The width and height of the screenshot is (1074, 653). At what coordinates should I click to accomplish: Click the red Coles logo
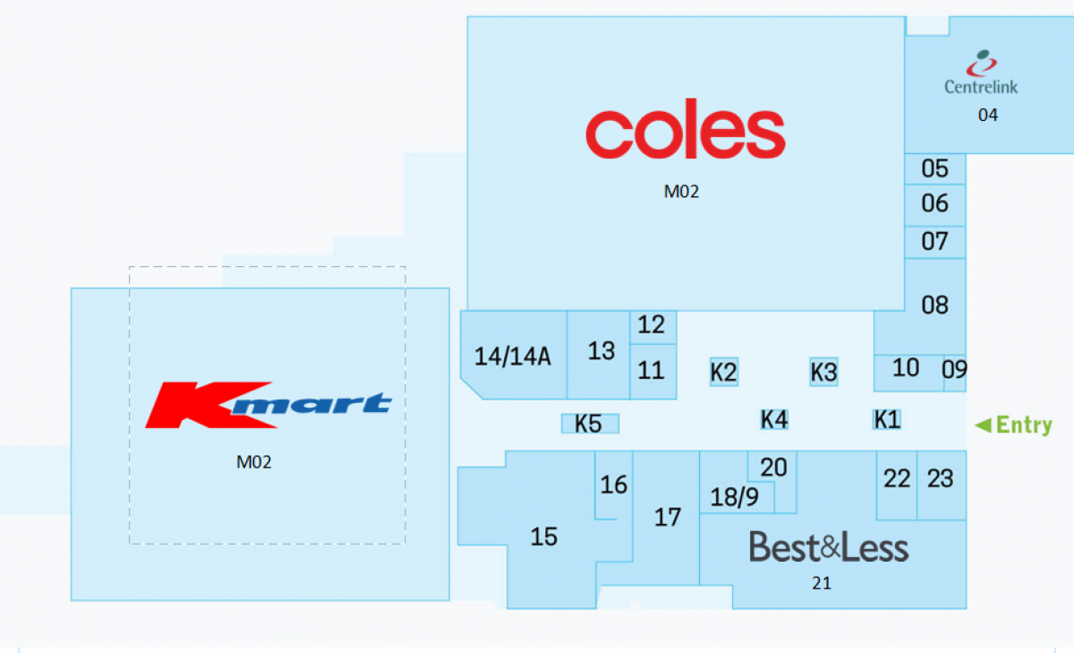coord(685,133)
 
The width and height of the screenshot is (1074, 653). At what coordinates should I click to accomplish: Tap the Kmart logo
coord(268,405)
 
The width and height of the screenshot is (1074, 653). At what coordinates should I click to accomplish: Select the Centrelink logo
coord(982,73)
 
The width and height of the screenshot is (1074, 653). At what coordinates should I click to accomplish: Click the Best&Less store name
coord(828,546)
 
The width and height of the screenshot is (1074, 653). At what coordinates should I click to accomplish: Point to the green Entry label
coord(1014,425)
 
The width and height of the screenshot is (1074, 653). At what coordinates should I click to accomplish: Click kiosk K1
coord(886,419)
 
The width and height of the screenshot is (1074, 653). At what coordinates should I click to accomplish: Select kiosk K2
coord(723,372)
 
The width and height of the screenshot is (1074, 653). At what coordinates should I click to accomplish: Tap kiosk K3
coord(823,372)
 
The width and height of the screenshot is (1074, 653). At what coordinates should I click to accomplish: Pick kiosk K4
coord(774,419)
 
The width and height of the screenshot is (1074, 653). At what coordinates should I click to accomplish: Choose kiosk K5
coord(589,424)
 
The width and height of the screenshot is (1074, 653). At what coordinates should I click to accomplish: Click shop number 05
coord(934,168)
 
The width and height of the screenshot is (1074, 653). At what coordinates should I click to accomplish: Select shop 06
coord(934,204)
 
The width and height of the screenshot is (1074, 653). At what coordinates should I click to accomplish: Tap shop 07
coord(934,241)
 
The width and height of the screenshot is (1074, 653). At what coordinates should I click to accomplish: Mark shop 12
coord(652,325)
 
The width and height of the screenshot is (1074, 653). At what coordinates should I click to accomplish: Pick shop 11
coord(652,369)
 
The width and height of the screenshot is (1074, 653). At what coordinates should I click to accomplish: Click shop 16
coord(614,485)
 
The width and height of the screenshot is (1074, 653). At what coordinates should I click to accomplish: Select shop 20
coord(773,467)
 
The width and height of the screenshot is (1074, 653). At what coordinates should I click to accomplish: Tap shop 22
coord(897,479)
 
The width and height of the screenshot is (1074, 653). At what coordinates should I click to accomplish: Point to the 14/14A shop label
coord(513,357)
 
